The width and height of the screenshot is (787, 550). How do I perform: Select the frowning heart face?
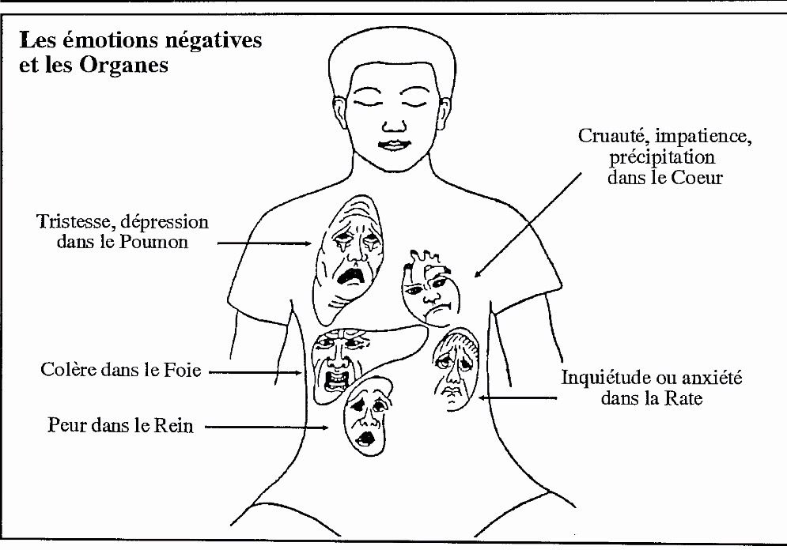point(431,288)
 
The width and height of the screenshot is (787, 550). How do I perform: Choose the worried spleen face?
point(456,370)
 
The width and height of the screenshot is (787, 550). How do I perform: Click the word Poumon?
point(153,242)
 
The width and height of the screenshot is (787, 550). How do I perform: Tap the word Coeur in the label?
point(697,178)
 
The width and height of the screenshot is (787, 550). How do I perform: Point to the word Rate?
point(683,398)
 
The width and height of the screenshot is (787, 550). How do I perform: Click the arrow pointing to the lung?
point(264,243)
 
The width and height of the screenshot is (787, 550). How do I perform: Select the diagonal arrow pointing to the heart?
point(528,225)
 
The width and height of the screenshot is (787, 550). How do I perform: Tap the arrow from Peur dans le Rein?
point(267,428)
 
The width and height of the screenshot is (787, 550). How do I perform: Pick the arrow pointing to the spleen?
point(517,398)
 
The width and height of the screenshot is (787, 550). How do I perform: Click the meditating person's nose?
point(394,124)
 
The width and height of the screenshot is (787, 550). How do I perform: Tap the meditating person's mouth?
point(394,145)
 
